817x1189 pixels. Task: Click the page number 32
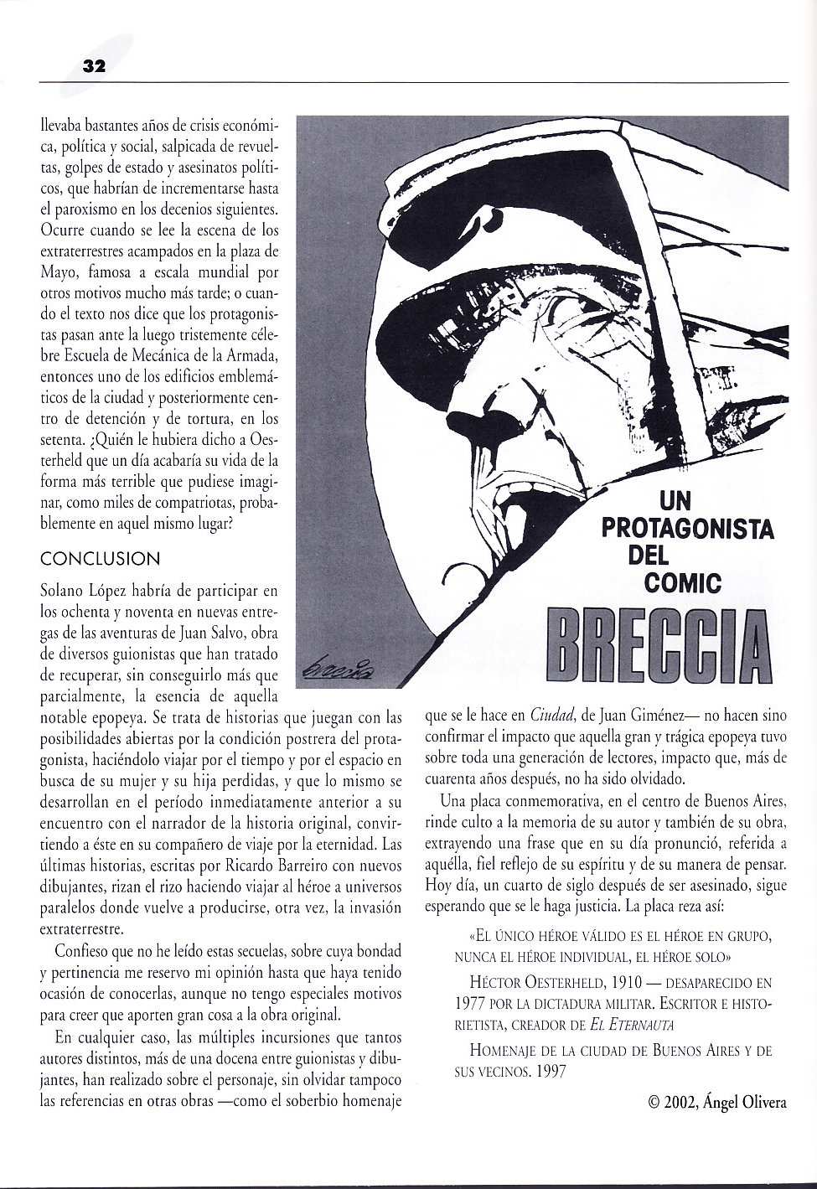click(92, 68)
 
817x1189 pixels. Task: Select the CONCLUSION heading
click(100, 558)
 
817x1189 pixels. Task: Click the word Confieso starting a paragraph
click(82, 952)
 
